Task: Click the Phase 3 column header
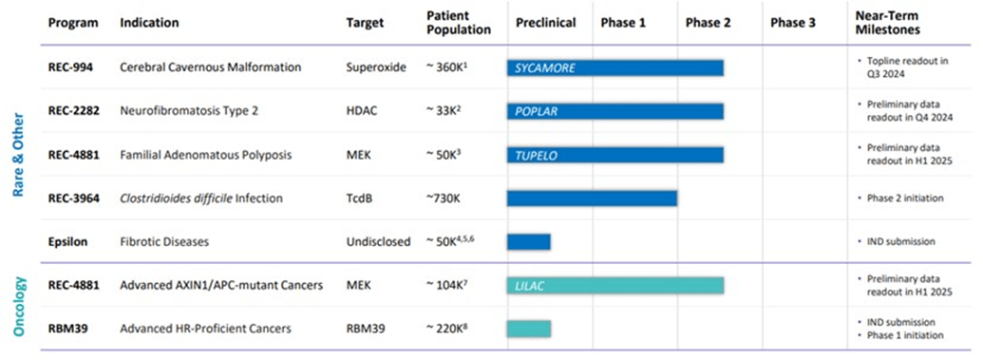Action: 792,22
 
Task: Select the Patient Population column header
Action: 460,22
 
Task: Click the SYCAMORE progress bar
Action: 615,68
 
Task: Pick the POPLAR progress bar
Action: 615,111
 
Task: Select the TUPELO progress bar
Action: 615,155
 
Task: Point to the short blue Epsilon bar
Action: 529,241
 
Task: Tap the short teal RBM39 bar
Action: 529,329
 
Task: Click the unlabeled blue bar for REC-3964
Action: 592,198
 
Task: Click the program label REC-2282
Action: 75,111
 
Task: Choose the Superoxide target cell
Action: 376,67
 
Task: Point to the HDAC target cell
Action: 363,111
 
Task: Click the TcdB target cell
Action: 361,198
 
